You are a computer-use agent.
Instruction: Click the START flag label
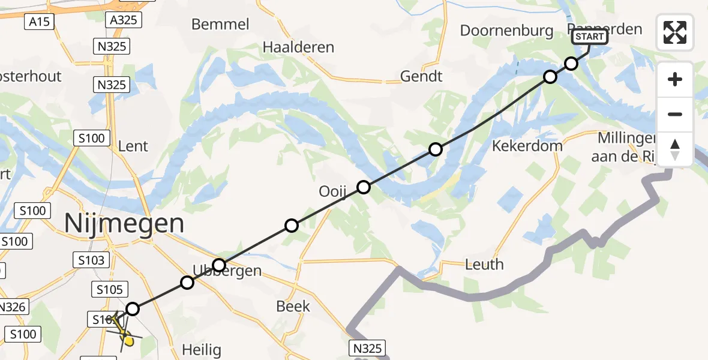click(589, 37)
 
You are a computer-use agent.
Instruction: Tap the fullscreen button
click(675, 32)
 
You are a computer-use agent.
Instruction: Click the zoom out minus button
click(675, 114)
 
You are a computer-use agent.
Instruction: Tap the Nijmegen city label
click(124, 224)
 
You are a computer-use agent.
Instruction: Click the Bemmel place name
click(220, 25)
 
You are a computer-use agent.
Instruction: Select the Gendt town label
click(421, 76)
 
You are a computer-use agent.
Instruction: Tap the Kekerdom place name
click(527, 146)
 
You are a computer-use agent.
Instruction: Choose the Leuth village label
click(484, 265)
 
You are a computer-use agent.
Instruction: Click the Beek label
click(293, 307)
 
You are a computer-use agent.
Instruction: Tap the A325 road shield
click(124, 20)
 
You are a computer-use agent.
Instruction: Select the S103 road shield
click(91, 260)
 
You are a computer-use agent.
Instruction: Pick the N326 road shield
click(12, 307)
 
